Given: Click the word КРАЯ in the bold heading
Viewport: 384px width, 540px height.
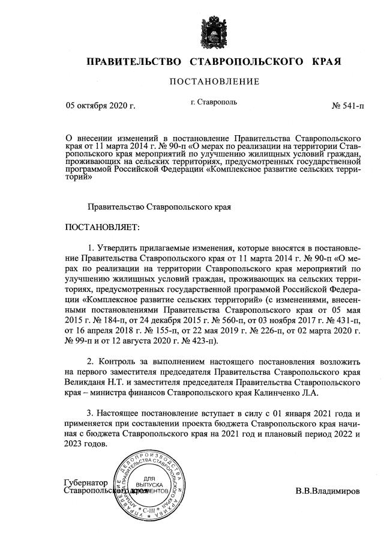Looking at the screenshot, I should (326, 61).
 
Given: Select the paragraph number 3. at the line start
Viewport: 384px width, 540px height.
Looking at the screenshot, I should (92, 414).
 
